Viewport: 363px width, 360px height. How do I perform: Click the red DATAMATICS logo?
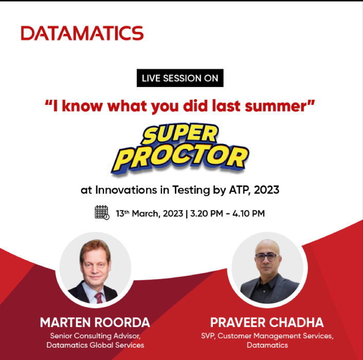tap(82, 33)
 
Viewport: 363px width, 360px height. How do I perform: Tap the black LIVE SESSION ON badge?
tap(180, 79)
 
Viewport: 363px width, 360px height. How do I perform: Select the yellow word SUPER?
tap(180, 135)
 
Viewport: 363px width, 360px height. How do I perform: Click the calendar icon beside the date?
tap(102, 212)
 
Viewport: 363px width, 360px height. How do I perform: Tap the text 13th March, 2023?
tap(149, 213)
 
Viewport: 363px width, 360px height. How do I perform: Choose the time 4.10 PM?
tap(248, 213)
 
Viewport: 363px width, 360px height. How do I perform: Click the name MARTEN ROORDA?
tap(95, 322)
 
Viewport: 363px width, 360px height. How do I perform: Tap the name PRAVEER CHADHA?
tap(267, 322)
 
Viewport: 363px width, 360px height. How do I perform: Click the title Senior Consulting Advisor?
tap(95, 335)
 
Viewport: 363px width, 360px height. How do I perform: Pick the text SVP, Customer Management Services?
tap(267, 336)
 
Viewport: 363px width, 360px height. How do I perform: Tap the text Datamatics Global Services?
tap(95, 345)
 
